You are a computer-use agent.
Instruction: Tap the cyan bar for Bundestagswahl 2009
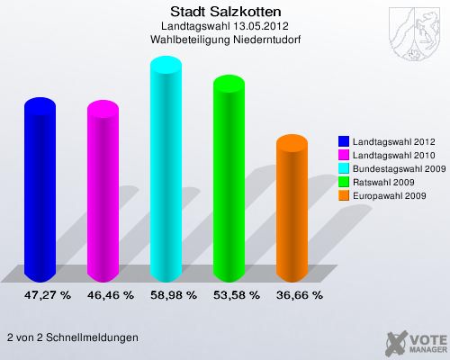pos(165,171)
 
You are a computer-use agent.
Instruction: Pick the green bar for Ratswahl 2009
pos(228,180)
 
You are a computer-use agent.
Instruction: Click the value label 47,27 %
pos(48,294)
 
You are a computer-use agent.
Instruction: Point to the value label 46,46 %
pos(111,294)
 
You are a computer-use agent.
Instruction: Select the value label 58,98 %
pos(174,294)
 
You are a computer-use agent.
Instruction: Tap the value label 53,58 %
pos(237,294)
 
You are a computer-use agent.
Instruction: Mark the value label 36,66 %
pos(300,294)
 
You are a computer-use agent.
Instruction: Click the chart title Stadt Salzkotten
pos(225,12)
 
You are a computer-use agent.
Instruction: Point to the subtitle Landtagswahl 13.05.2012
pos(225,27)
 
